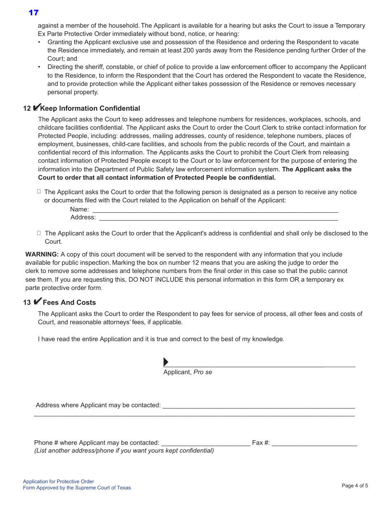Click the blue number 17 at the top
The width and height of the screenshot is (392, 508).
(33, 13)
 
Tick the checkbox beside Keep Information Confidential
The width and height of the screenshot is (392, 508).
(36, 108)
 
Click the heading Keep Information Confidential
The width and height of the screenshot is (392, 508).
(90, 109)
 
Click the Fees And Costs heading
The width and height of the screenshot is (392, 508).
(69, 302)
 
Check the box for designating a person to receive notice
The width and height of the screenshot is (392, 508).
(39, 191)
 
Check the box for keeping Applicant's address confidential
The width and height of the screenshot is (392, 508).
(39, 233)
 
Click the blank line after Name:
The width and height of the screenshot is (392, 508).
(215, 210)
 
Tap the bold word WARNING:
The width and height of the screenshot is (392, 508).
(42, 254)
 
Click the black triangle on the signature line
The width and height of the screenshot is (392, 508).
(166, 362)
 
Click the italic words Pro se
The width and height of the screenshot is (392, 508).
(203, 372)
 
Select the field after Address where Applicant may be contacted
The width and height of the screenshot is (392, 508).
(258, 406)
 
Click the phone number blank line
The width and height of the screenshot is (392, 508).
(205, 443)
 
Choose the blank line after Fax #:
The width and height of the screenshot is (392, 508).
(314, 443)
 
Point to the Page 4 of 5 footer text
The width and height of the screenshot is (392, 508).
(355, 486)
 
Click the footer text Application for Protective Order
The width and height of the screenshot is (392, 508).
(59, 482)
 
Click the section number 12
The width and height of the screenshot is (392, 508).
(27, 109)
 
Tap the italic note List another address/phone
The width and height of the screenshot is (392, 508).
(124, 451)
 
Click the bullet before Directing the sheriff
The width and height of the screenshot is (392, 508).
(39, 67)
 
